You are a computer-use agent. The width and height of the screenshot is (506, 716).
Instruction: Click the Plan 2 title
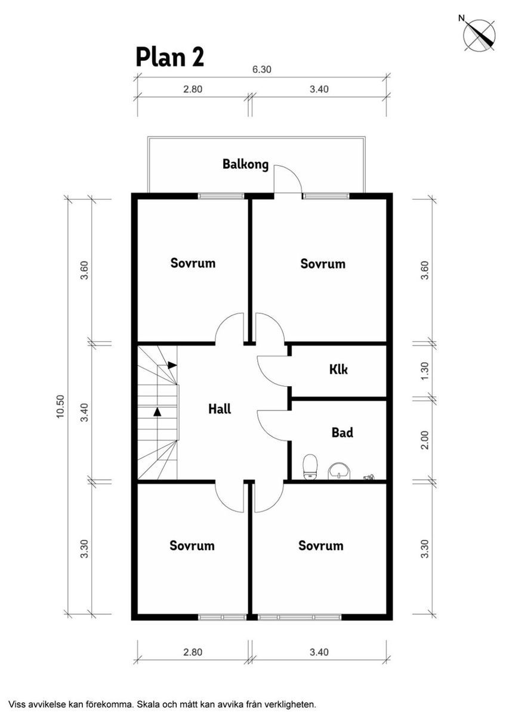(169, 57)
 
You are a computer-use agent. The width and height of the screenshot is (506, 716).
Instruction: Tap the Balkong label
(245, 164)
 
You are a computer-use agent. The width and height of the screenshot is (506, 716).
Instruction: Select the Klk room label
(338, 369)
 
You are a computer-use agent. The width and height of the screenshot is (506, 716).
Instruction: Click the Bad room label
(343, 433)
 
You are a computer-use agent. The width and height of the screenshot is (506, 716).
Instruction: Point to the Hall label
(220, 409)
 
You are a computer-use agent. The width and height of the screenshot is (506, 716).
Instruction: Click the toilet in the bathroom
(310, 467)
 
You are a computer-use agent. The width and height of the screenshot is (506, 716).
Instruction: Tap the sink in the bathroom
(339, 471)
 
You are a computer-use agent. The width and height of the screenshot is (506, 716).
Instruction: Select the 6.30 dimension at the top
(262, 69)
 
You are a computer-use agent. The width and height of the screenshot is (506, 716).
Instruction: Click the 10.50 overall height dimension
(60, 407)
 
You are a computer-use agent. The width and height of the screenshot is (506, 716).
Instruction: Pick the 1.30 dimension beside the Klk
(425, 371)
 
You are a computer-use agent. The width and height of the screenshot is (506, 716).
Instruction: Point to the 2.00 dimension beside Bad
(425, 440)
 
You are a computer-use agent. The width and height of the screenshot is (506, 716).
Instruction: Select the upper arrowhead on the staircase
(172, 365)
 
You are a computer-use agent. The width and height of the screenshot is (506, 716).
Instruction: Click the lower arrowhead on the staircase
(157, 412)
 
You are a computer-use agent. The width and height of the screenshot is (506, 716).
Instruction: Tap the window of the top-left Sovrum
(221, 196)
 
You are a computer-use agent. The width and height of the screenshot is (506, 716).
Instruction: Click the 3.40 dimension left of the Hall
(84, 412)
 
